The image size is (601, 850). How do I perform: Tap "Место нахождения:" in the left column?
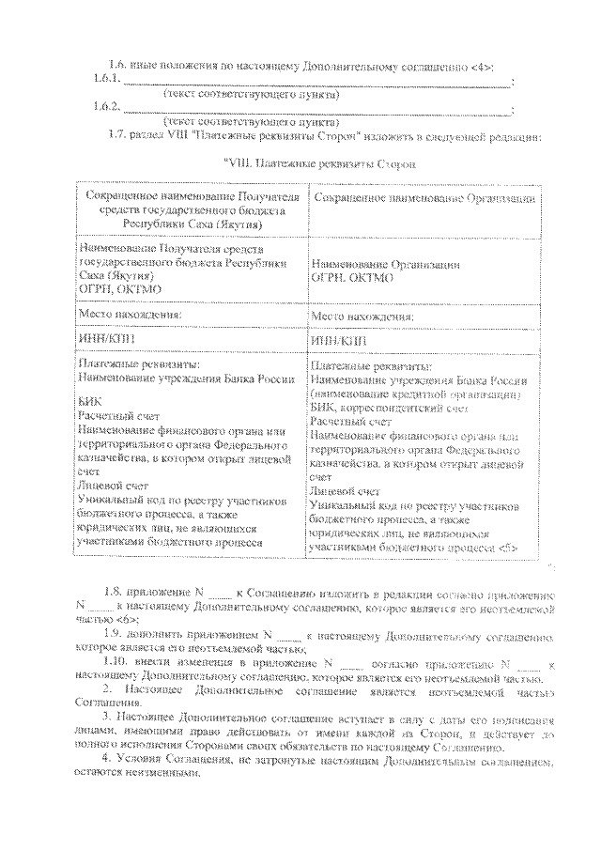pyautogui.click(x=126, y=315)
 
